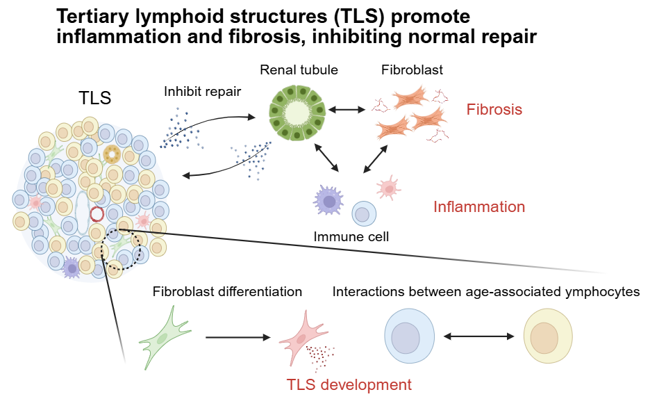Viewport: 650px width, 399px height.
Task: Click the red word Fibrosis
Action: (x=494, y=110)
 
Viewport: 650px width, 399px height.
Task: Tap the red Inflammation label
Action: (x=479, y=206)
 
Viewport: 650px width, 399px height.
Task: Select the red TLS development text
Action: (x=349, y=384)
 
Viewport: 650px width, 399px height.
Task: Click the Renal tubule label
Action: (x=299, y=70)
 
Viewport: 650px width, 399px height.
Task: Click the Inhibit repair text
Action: (x=202, y=91)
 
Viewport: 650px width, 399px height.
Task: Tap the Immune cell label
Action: (x=351, y=236)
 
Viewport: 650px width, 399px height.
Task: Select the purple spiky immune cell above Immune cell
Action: (x=328, y=201)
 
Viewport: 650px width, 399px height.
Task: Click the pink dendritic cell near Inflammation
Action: (x=388, y=188)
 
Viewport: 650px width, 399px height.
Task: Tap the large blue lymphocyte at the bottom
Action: (x=409, y=336)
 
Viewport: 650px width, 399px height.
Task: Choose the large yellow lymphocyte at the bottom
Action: (x=548, y=336)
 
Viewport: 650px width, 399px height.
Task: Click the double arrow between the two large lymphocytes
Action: (x=478, y=336)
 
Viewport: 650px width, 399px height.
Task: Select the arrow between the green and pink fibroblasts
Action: (x=238, y=338)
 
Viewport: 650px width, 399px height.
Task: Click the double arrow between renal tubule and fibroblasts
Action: (x=347, y=110)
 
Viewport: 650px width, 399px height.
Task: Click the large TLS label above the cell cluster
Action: (x=95, y=98)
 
